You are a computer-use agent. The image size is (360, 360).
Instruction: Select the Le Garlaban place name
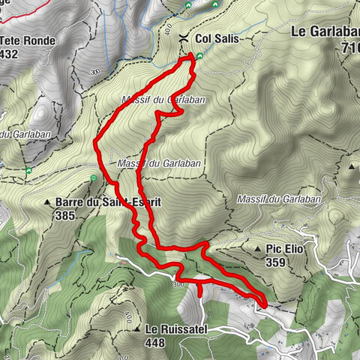(323, 32)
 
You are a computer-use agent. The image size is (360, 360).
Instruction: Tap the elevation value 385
(65, 214)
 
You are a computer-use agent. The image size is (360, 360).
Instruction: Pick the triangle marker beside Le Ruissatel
(138, 329)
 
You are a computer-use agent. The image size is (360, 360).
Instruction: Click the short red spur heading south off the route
(200, 288)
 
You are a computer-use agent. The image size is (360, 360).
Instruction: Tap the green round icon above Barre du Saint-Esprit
(93, 178)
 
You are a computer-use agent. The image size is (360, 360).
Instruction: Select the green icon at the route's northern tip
(193, 55)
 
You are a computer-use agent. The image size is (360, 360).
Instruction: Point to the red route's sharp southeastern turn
(265, 303)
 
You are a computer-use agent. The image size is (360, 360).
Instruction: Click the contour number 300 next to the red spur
(178, 284)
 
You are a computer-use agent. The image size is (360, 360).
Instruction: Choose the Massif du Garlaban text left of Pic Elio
(278, 199)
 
